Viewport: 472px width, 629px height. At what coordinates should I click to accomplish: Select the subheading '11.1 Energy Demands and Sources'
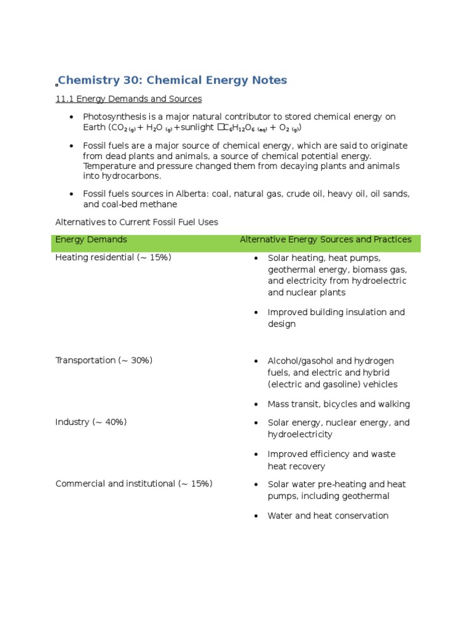coord(128,98)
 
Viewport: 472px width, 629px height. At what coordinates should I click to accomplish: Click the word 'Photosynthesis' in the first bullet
coord(112,117)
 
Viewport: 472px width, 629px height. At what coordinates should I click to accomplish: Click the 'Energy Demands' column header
coord(92,240)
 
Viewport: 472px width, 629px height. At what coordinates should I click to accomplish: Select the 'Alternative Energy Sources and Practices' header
coord(325,240)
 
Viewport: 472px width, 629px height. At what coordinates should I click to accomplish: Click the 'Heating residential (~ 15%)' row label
coord(113,257)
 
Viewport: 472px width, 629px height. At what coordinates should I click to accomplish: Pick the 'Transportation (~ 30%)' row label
coord(104,361)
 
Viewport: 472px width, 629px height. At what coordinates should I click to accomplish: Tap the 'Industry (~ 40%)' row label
coord(91,423)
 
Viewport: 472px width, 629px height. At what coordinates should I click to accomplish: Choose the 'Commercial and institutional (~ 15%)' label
coord(134,483)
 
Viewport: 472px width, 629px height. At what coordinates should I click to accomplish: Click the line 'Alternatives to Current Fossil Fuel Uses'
coord(136,222)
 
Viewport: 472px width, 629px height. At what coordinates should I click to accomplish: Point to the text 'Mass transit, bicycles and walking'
coord(339,404)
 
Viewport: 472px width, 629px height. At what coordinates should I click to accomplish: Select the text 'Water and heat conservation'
coord(328,516)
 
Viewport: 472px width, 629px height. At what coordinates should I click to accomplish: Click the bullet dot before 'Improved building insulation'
coord(256,313)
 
